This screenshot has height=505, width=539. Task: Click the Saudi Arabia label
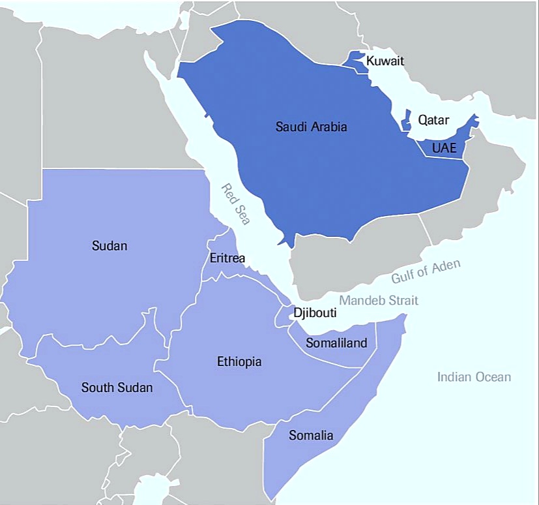[311, 127]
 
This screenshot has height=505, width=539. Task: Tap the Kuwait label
[385, 61]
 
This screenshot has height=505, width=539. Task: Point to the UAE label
[444, 148]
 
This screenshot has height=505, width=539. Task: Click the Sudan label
[109, 246]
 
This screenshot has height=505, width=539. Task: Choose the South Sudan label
[117, 388]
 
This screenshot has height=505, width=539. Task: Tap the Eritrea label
[227, 258]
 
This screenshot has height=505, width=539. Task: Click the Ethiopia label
[239, 361]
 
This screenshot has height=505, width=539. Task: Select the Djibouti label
[315, 313]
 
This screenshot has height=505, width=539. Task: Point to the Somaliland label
[337, 343]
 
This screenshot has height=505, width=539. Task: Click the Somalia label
[311, 435]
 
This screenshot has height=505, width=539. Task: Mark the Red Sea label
[235, 204]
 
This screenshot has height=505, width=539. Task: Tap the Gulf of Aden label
[426, 271]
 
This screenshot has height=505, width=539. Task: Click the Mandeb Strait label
[379, 300]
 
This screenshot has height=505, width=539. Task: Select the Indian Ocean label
[474, 376]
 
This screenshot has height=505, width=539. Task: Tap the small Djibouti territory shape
[284, 316]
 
